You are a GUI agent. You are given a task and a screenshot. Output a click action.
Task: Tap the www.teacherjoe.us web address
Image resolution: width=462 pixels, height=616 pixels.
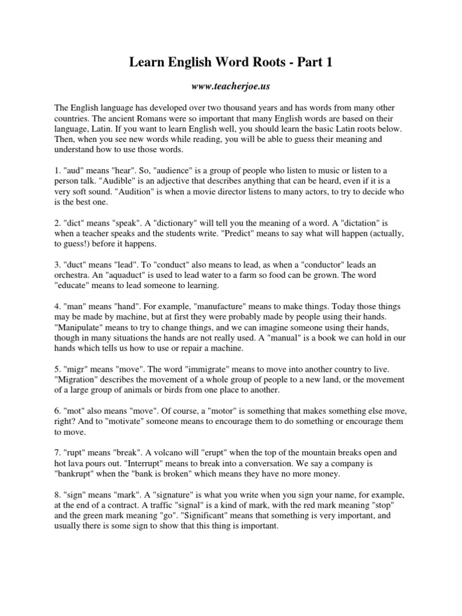pos(230,87)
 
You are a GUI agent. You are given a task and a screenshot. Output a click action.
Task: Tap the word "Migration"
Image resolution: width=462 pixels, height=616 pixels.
pos(78,380)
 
